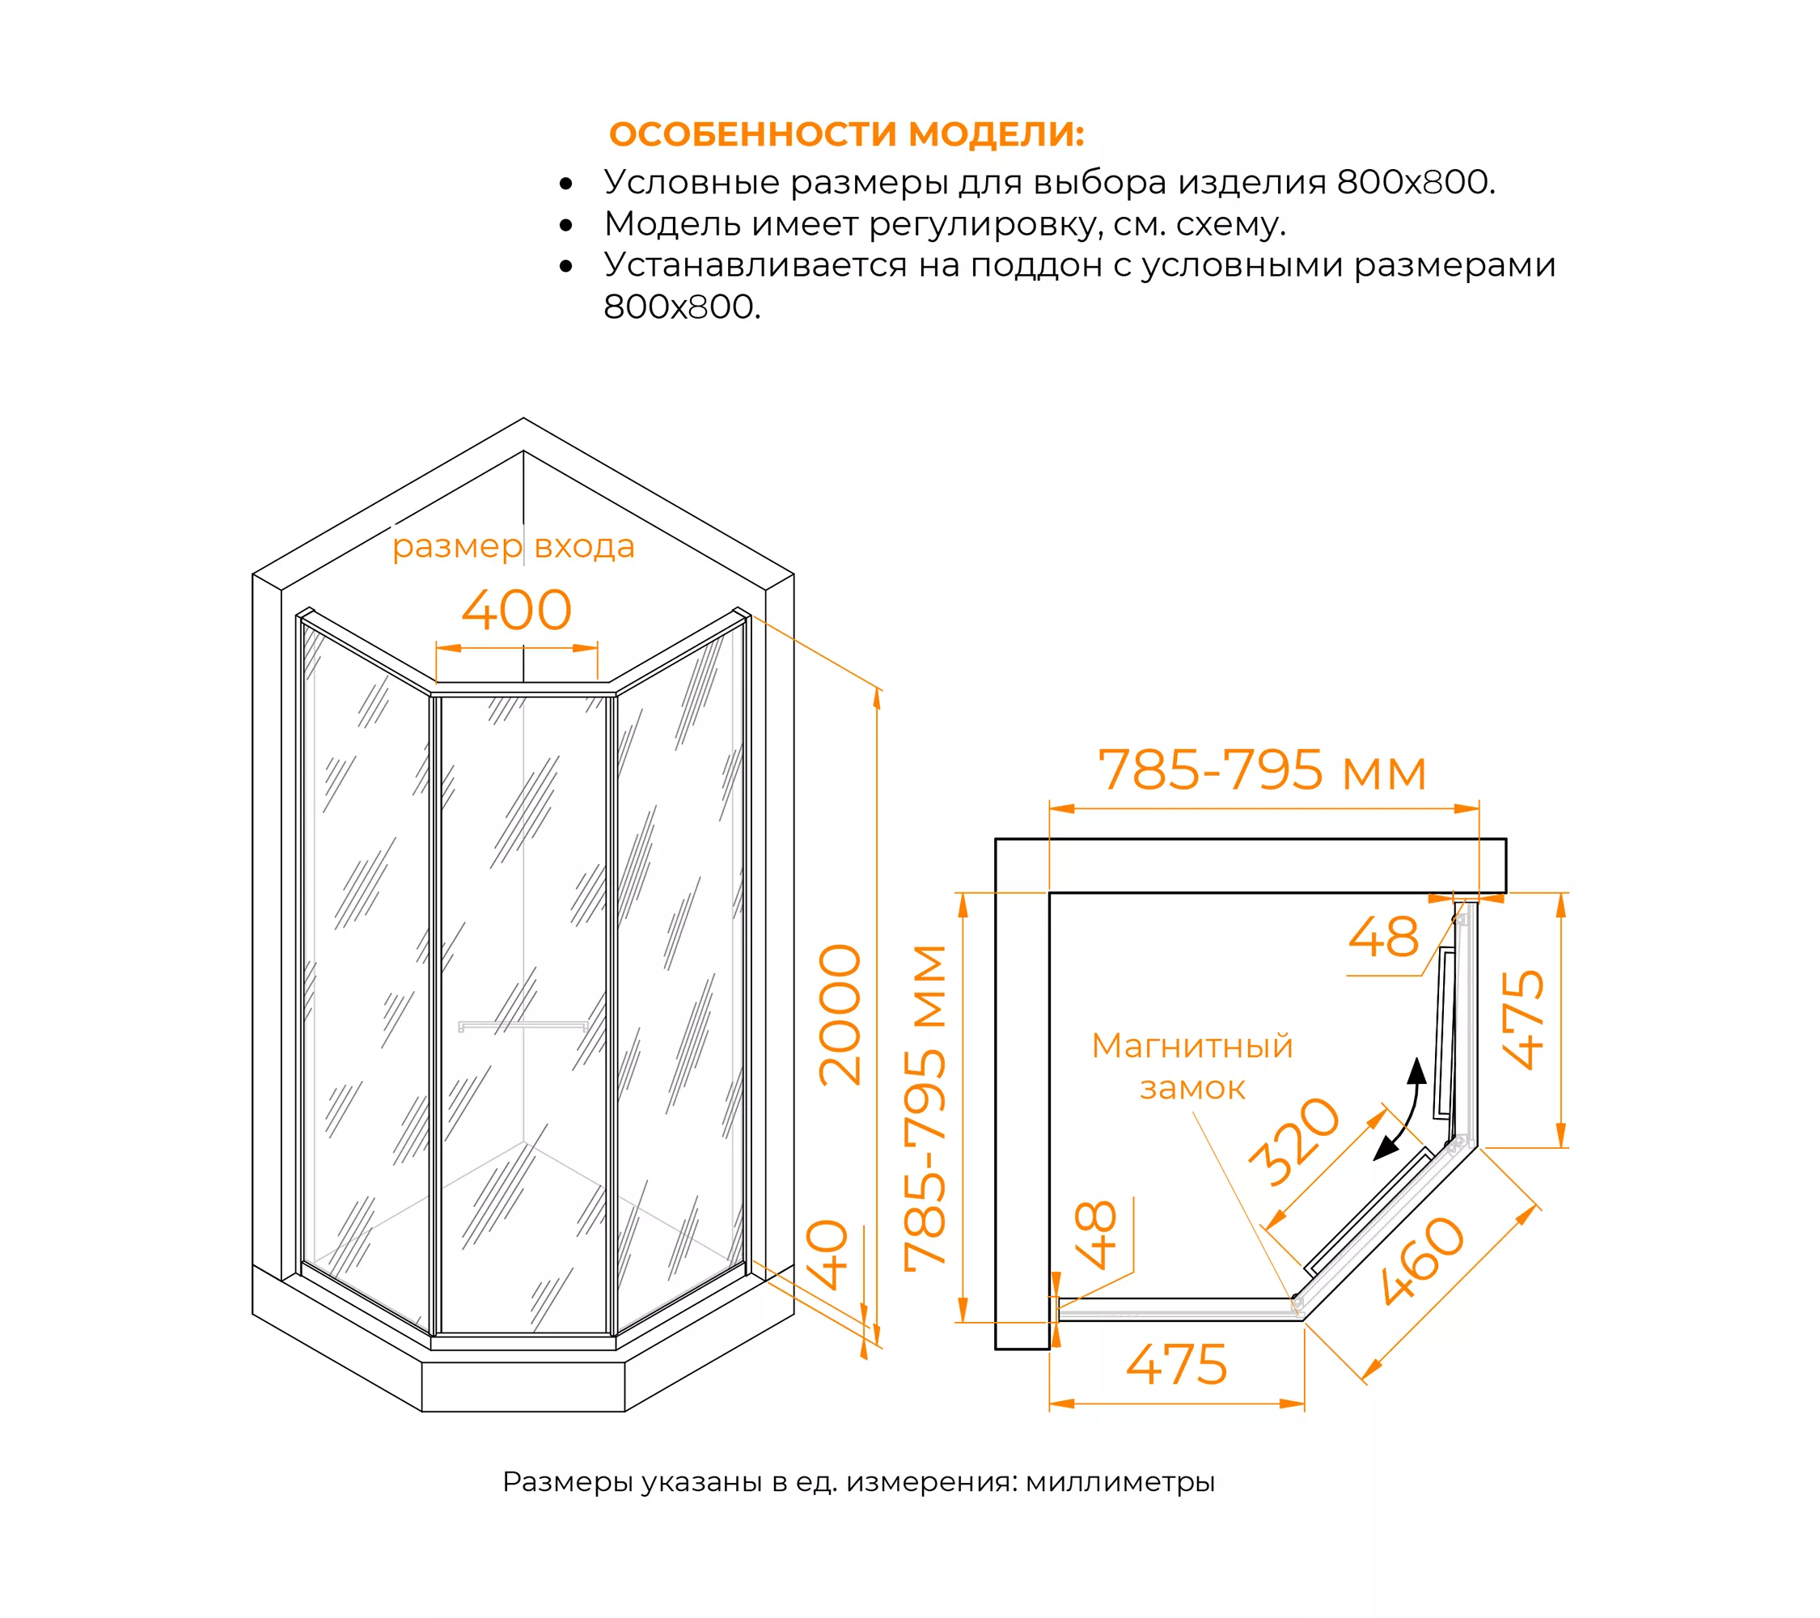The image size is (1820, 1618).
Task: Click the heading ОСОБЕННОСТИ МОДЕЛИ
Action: (847, 134)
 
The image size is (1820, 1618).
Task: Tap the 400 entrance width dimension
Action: (516, 610)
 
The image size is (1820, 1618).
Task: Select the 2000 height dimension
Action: (840, 1015)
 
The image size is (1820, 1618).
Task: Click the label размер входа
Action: (514, 546)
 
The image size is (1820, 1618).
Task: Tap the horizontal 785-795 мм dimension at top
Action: (1262, 769)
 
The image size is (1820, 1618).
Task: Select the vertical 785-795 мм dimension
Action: (925, 1108)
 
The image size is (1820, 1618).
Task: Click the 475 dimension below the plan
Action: (1177, 1363)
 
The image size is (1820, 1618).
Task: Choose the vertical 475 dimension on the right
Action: (1522, 1019)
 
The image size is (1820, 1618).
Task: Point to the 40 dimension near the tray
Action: (827, 1255)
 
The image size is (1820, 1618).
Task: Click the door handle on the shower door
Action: (523, 1026)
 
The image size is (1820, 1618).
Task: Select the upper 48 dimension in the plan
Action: (1383, 937)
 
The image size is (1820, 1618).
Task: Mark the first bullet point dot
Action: (566, 184)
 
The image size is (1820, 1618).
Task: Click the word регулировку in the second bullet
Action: (982, 224)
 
